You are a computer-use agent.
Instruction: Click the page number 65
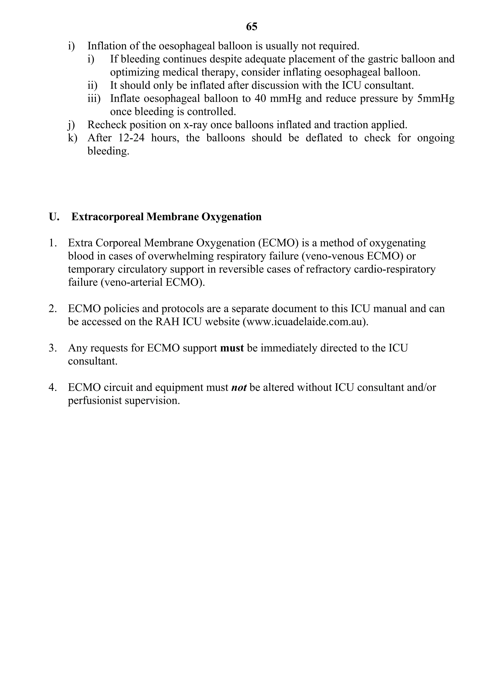tap(251, 27)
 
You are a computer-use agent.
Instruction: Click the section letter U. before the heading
tap(54, 217)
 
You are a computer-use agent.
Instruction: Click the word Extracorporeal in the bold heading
tap(108, 217)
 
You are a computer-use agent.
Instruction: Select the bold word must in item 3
tap(232, 348)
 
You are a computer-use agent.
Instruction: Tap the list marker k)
tap(72, 138)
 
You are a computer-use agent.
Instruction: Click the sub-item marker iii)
tap(94, 99)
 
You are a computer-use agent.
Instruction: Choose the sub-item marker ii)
tap(92, 86)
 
